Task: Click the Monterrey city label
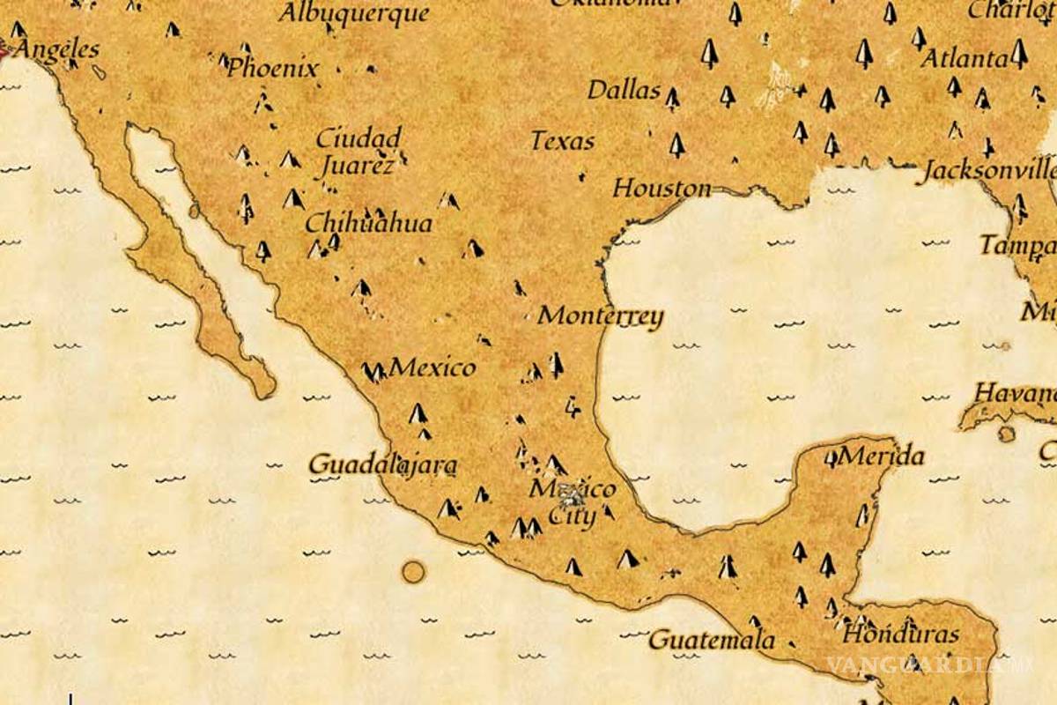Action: tap(601, 315)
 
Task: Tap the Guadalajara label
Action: tap(383, 464)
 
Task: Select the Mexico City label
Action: tap(573, 502)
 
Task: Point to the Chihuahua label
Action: tap(369, 223)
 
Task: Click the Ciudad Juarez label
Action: tap(358, 151)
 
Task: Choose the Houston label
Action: tap(662, 188)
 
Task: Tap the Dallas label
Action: tap(624, 90)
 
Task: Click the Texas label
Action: tap(562, 141)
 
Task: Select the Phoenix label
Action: tap(273, 68)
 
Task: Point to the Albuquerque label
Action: tap(354, 12)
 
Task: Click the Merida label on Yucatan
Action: tap(882, 456)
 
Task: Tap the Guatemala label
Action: tap(712, 640)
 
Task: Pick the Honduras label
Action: tap(900, 634)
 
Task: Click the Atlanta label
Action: tap(964, 59)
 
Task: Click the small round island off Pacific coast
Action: tap(413, 572)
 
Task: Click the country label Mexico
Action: tap(432, 367)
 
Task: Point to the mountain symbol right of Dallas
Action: tap(673, 98)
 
